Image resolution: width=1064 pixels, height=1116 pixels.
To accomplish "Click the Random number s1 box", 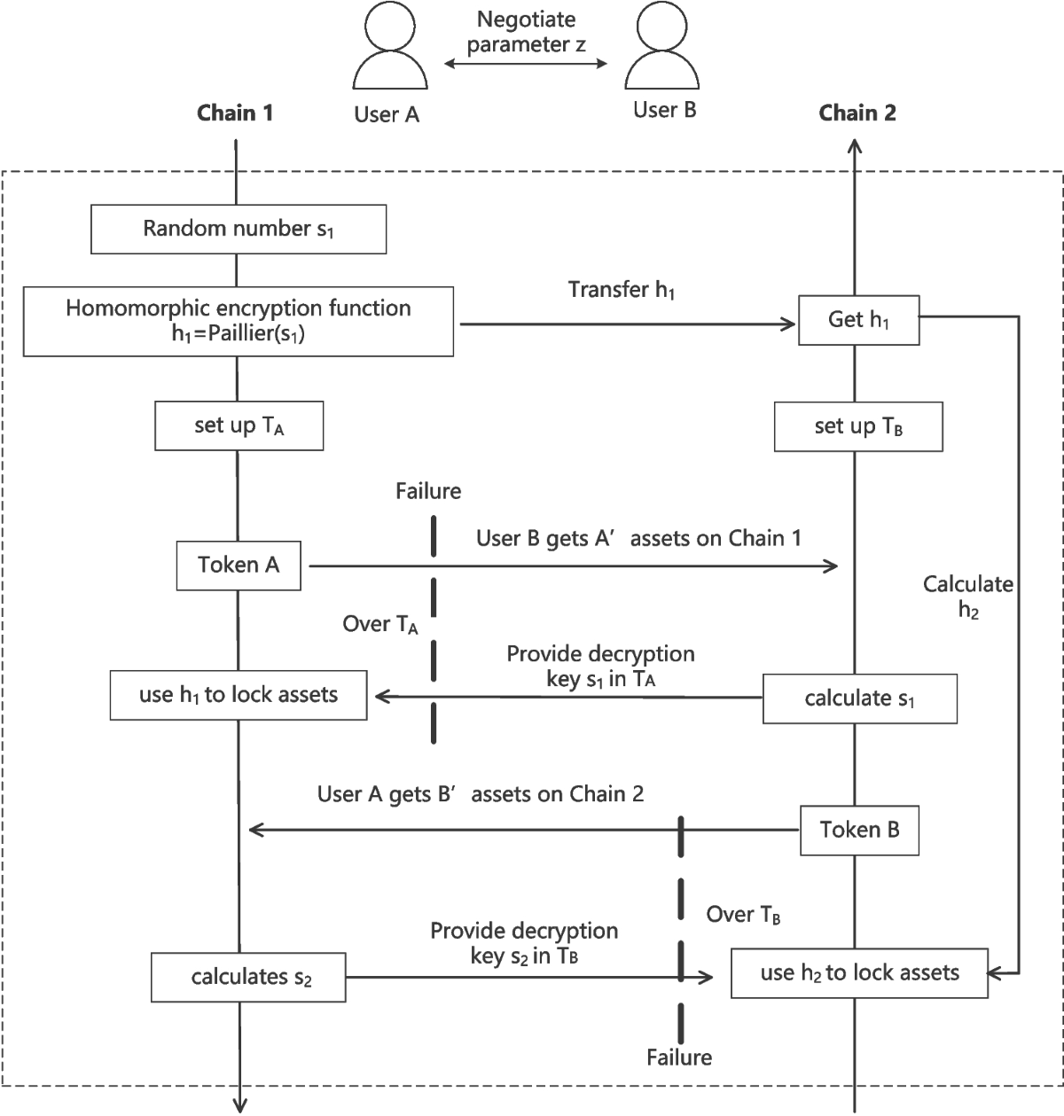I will pos(239,230).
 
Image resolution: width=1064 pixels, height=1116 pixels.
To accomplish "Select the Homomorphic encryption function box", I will pos(239,321).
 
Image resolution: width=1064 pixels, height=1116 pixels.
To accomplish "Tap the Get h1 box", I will pos(858,320).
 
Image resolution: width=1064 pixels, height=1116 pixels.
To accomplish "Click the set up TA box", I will pos(239,426).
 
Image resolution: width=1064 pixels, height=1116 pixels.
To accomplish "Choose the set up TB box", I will pos(858,427).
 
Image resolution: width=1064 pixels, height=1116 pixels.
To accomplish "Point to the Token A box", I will pos(239,565).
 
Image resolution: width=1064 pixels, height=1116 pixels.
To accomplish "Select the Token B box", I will pos(859,831).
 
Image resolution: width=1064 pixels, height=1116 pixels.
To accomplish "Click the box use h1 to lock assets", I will pos(239,694).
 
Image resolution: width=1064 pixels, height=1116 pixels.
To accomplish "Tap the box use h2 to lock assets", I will pos(859,973).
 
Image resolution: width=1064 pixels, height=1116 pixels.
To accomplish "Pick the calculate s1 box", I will pos(859,698).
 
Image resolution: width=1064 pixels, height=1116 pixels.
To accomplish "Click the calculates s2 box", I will pos(250,978).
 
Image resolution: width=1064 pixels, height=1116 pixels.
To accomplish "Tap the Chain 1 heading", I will pos(235,113).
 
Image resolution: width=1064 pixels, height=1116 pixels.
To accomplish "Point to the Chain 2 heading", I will pos(857,113).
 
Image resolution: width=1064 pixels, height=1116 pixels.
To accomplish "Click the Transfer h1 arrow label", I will pos(622,291).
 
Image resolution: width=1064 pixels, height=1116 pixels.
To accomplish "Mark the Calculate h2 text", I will pos(968,597).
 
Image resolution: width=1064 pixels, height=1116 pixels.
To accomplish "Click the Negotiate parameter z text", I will pos(527,31).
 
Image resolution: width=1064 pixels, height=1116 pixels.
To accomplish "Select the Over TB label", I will pos(743,915).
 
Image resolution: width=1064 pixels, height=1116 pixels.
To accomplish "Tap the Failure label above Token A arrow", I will pos(428,490).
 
